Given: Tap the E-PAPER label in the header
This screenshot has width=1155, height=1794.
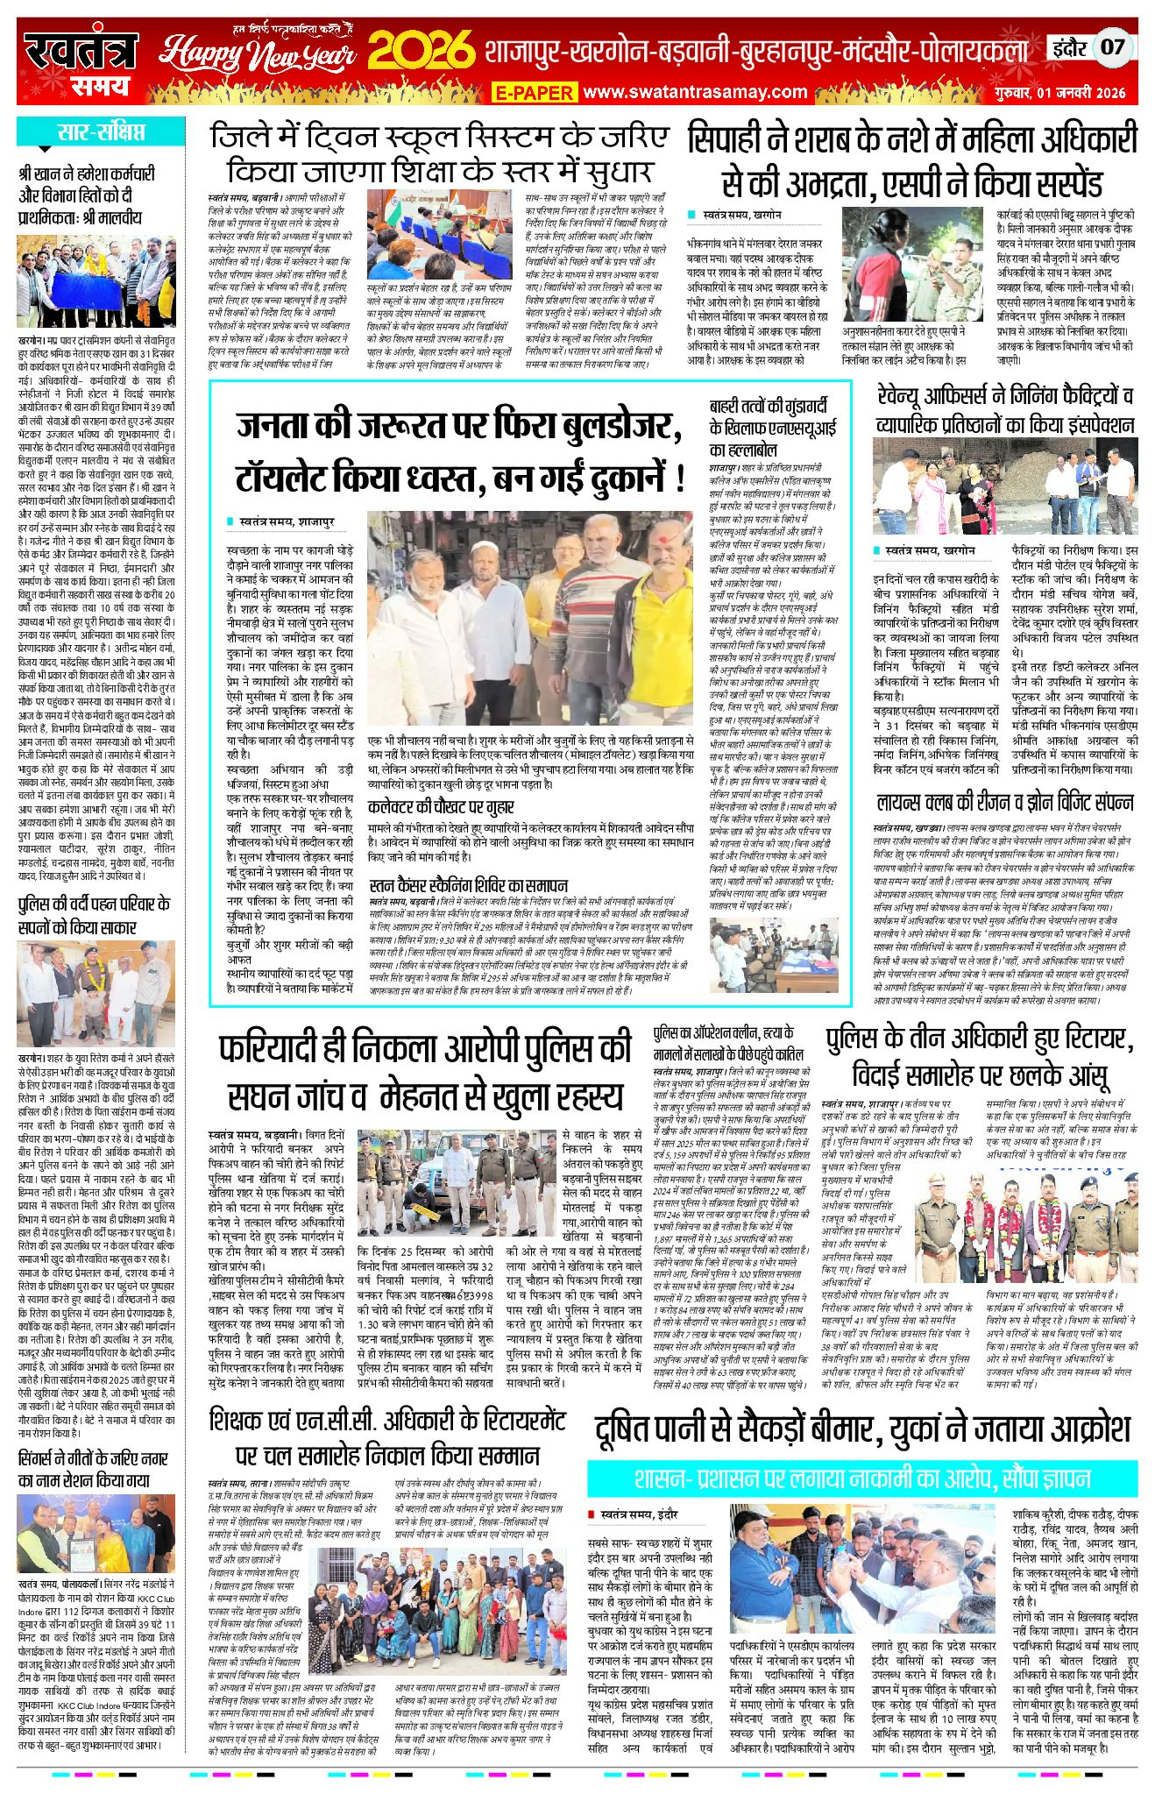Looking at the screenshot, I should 533,92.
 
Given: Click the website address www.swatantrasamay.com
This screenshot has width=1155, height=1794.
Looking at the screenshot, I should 695,91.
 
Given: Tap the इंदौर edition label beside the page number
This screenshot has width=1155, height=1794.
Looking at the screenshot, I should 1069,47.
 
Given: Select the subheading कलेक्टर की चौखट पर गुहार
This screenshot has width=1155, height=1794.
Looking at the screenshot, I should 435,806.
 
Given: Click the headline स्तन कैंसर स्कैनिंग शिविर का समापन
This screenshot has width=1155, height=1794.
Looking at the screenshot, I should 468,886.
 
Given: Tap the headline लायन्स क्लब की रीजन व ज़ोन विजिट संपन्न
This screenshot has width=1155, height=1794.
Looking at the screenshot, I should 1004,802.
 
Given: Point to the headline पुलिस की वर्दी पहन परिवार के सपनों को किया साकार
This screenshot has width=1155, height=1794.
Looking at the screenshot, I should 95,915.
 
